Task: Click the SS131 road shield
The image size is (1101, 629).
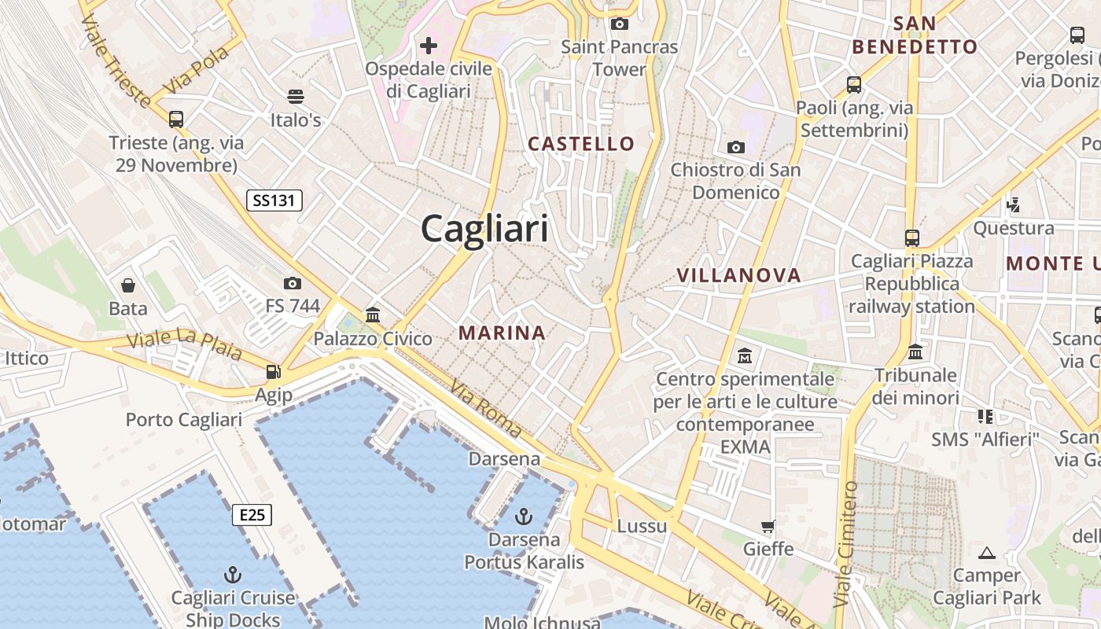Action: [274, 200]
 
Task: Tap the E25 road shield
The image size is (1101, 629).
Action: [252, 515]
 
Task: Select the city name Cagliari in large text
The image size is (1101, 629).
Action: [484, 229]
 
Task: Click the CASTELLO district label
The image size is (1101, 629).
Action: [581, 143]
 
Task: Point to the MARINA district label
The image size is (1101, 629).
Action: [502, 333]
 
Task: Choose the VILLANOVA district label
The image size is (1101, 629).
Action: [739, 275]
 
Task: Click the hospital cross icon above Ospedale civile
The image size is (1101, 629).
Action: [429, 46]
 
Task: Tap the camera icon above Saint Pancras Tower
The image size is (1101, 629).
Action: [620, 24]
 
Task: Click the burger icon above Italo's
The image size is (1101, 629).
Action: [296, 97]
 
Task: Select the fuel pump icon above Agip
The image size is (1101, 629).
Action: [273, 372]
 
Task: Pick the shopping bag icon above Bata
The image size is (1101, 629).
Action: [128, 285]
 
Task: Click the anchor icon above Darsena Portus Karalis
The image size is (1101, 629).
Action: [524, 517]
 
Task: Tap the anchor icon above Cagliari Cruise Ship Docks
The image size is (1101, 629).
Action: [233, 574]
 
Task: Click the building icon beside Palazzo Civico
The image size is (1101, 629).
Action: [373, 315]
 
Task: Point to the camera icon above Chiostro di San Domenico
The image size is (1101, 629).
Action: [736, 147]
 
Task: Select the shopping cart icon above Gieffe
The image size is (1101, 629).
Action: [768, 526]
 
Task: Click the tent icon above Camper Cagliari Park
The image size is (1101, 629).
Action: [986, 553]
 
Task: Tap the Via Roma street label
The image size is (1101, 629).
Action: [486, 408]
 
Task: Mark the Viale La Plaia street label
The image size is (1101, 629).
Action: [184, 344]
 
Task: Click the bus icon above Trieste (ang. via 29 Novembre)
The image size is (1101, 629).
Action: [176, 120]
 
